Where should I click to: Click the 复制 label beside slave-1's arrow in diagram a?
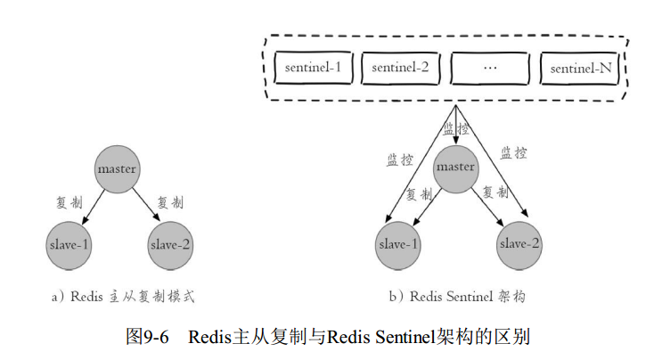click(x=69, y=202)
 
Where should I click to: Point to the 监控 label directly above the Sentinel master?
click(x=456, y=129)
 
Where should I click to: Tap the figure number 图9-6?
click(x=148, y=338)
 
